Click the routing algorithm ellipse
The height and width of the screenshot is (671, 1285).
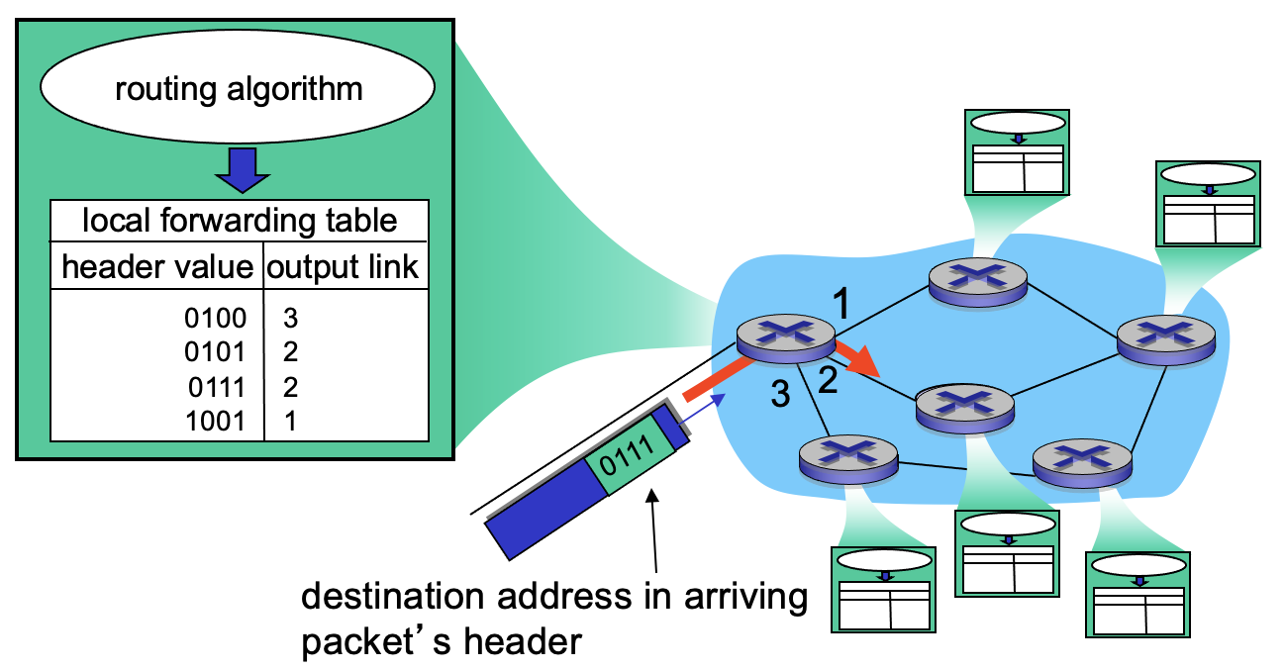click(238, 89)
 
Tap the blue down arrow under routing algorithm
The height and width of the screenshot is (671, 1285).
click(239, 171)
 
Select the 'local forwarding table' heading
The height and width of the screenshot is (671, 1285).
click(239, 220)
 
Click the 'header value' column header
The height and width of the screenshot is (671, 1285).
click(156, 266)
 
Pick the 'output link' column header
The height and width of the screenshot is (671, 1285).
click(345, 266)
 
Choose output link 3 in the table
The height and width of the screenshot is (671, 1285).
click(290, 319)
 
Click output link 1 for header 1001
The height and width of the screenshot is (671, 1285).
click(290, 421)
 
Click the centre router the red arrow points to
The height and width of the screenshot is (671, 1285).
click(964, 405)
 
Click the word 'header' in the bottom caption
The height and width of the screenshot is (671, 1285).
click(521, 641)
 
